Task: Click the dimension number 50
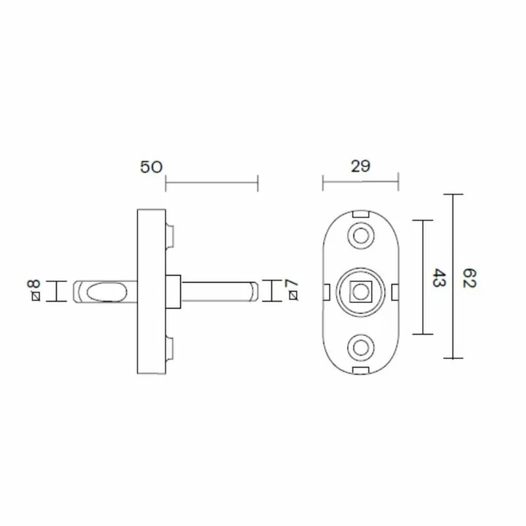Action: click(151, 167)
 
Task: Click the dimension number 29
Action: click(360, 166)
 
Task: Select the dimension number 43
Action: click(439, 277)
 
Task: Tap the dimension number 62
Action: click(469, 277)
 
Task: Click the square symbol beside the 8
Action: click(36, 297)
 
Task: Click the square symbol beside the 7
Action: click(293, 295)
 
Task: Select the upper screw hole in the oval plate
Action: click(360, 235)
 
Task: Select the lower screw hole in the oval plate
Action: click(360, 348)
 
